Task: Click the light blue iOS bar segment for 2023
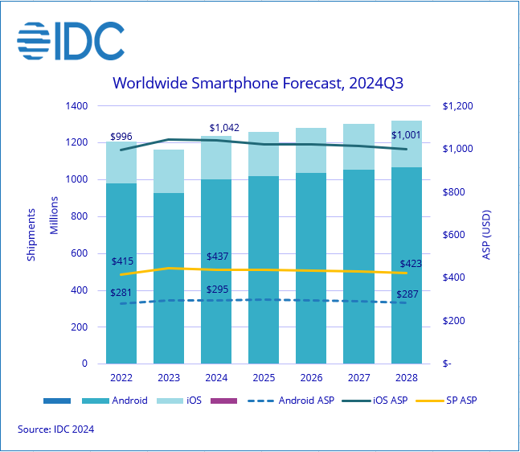(x=169, y=171)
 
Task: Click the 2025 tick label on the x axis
(x=264, y=377)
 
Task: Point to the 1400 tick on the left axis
(x=76, y=106)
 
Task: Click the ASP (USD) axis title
(x=487, y=236)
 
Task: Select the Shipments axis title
(x=31, y=235)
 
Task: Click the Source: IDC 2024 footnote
(x=56, y=430)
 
